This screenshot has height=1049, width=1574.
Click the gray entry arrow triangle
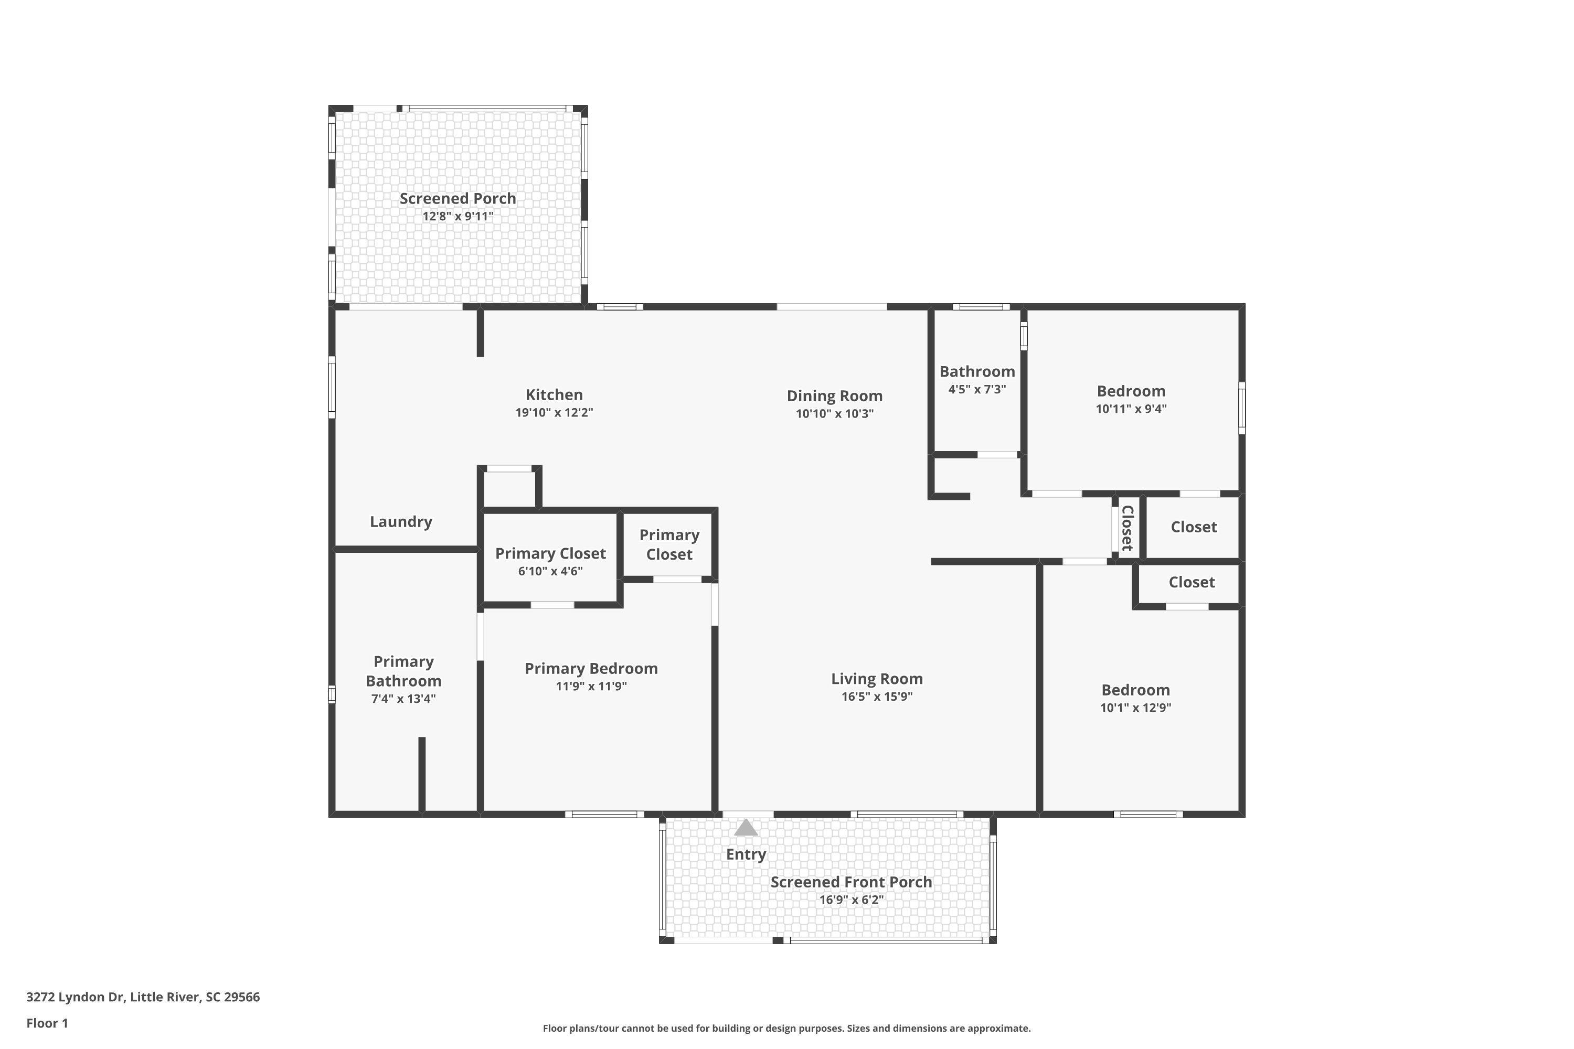click(x=746, y=828)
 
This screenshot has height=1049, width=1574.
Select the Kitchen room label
click(x=554, y=395)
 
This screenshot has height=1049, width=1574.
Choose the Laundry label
click(x=401, y=522)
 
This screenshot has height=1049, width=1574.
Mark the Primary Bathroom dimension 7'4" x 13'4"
click(x=403, y=699)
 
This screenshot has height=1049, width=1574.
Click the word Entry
click(x=746, y=854)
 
